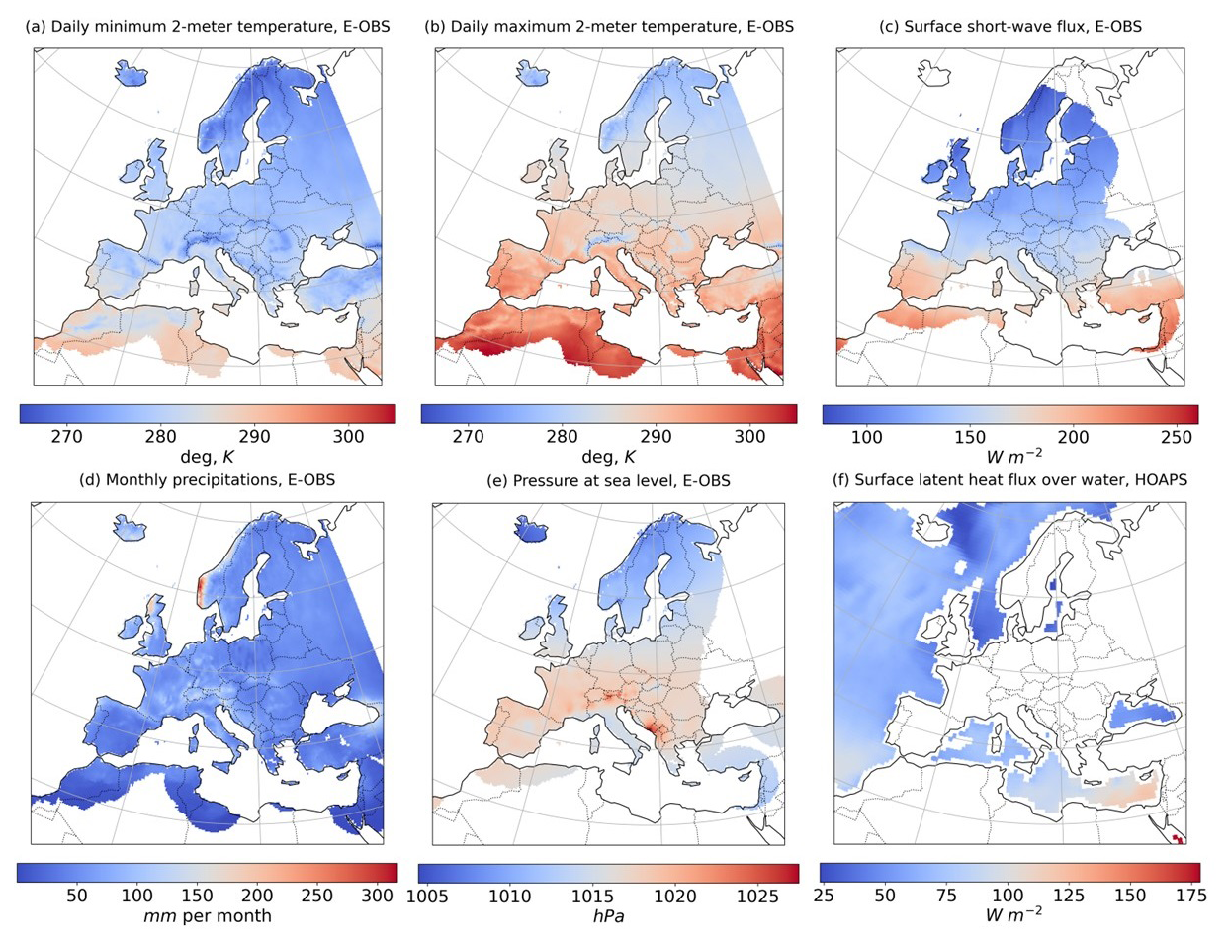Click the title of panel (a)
click(x=208, y=27)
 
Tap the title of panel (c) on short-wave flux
click(x=1010, y=27)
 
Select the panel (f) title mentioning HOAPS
click(x=1009, y=480)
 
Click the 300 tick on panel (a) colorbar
click(x=348, y=436)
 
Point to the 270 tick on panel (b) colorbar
click(x=468, y=436)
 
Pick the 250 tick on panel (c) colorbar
click(x=1176, y=436)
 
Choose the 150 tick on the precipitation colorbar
click(x=197, y=896)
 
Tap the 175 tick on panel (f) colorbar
click(x=1190, y=896)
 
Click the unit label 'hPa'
click(x=609, y=916)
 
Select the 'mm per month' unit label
click(x=208, y=915)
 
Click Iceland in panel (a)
click(x=131, y=72)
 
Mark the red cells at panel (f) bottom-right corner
click(x=1178, y=839)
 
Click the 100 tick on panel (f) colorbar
click(x=1009, y=896)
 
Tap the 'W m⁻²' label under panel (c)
click(x=1014, y=456)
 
